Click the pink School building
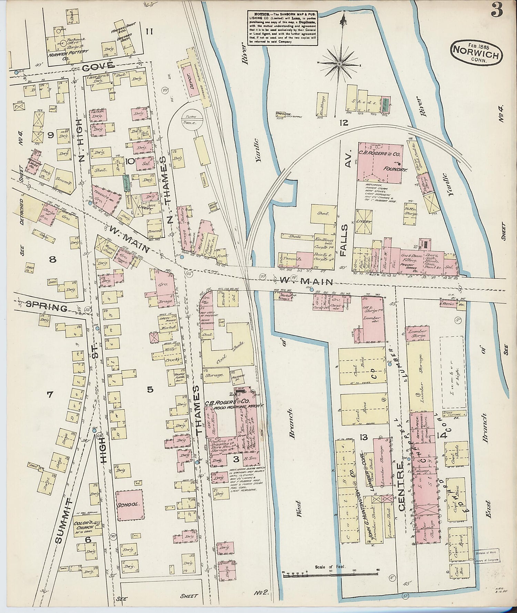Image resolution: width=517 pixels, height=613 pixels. coord(130,504)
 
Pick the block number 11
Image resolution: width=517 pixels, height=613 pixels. coord(149,32)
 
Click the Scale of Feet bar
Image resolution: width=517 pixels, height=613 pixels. coord(330,572)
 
